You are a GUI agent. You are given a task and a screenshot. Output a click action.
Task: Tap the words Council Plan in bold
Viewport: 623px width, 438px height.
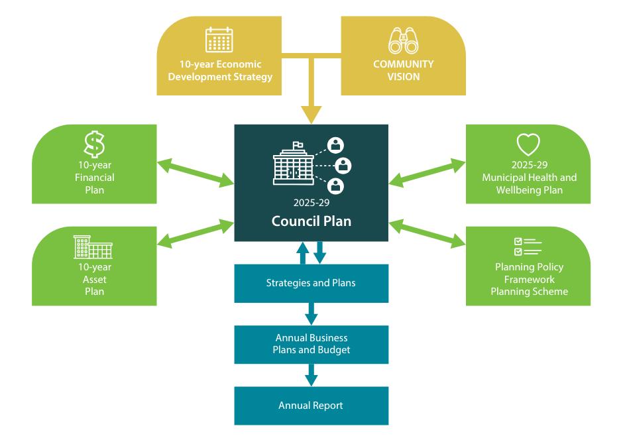tap(311, 221)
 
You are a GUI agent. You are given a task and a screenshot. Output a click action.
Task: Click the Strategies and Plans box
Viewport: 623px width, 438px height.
tap(311, 283)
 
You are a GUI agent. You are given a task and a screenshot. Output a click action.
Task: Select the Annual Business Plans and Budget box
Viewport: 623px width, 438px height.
tap(311, 343)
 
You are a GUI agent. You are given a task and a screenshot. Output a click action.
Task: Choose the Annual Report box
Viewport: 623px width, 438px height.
tap(311, 406)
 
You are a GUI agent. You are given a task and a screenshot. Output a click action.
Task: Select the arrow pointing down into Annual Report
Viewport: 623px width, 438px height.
tap(311, 374)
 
